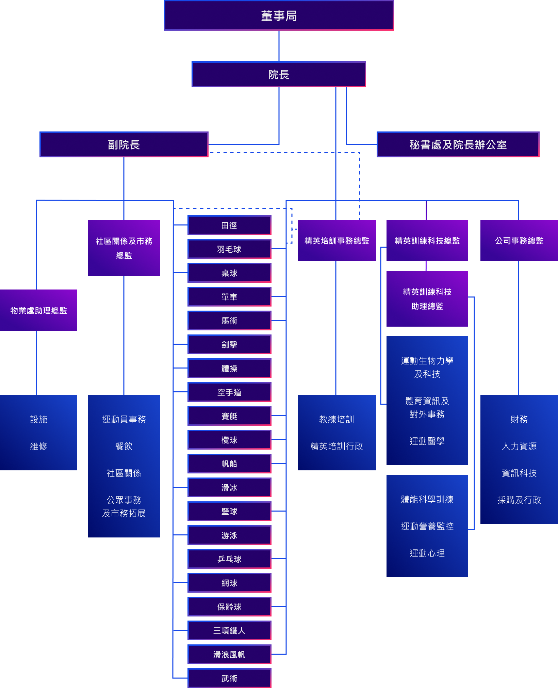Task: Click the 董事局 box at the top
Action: (x=279, y=16)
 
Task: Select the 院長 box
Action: (x=279, y=74)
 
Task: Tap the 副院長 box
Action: (x=124, y=144)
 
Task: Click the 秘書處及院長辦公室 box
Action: (x=458, y=144)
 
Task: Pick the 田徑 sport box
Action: (x=229, y=225)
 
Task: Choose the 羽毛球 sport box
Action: (x=229, y=249)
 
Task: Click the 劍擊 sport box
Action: (x=229, y=344)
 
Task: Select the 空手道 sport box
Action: (x=229, y=392)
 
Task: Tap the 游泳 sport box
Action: (x=229, y=535)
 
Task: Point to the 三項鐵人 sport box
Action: (x=229, y=630)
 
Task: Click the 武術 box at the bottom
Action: (x=229, y=678)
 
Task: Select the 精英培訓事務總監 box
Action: (x=337, y=240)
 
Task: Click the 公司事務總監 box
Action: (x=519, y=240)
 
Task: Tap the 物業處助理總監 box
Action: (x=38, y=310)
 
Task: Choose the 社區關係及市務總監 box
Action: (x=124, y=248)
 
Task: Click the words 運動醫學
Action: (x=427, y=441)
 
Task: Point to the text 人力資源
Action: (x=519, y=446)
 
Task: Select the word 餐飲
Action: (x=124, y=446)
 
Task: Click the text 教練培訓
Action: (x=337, y=419)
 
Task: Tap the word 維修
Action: (x=38, y=446)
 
